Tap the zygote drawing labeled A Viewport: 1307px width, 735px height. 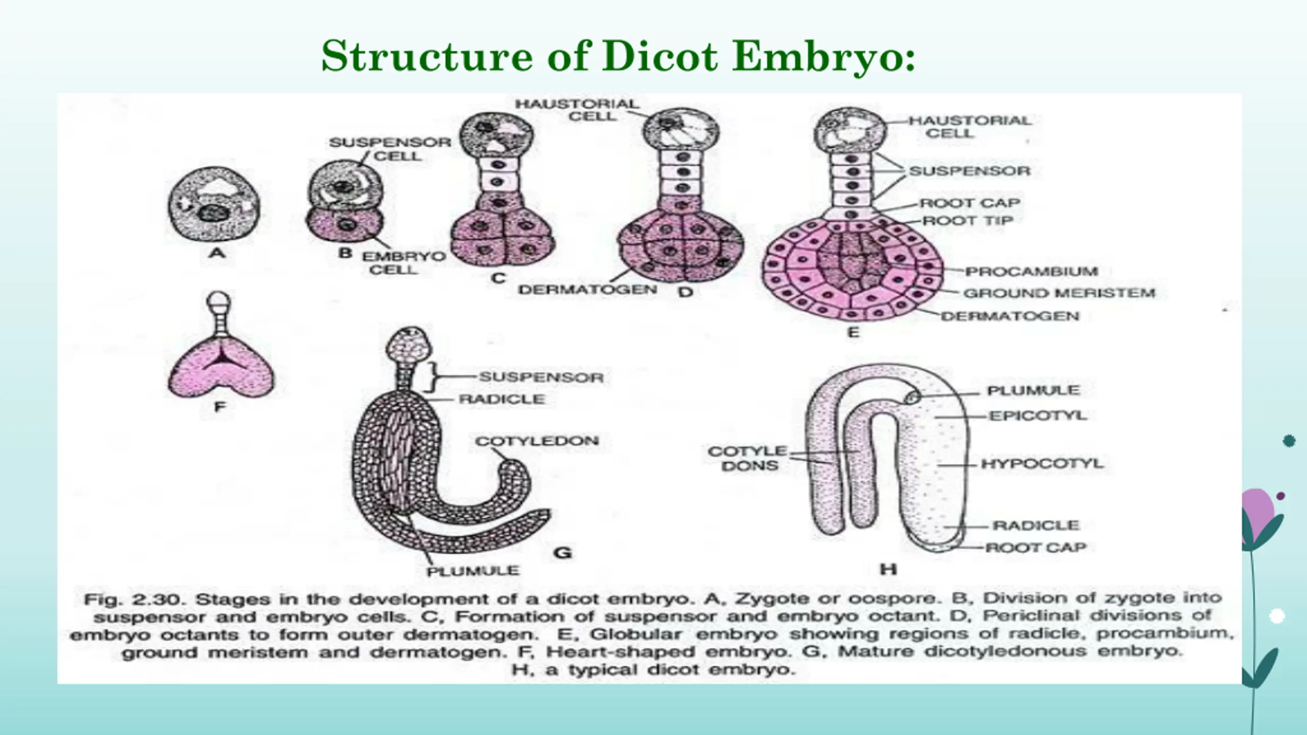(x=214, y=205)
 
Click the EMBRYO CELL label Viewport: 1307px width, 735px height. (x=403, y=262)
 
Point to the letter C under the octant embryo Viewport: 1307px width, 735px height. (x=498, y=278)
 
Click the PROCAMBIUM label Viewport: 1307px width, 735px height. (x=1031, y=272)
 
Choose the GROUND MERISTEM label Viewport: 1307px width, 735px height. (x=1059, y=293)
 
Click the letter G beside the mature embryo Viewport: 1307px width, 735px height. (x=562, y=553)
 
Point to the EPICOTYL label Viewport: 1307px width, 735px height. (x=1038, y=416)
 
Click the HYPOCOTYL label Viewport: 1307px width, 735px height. (x=1042, y=464)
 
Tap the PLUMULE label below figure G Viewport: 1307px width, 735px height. (x=473, y=571)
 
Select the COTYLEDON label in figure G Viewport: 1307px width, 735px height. (x=537, y=441)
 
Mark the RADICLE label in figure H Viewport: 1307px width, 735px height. (x=1035, y=526)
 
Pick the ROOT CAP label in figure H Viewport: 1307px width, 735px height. (x=1035, y=548)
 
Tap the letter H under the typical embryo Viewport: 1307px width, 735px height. (x=888, y=569)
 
